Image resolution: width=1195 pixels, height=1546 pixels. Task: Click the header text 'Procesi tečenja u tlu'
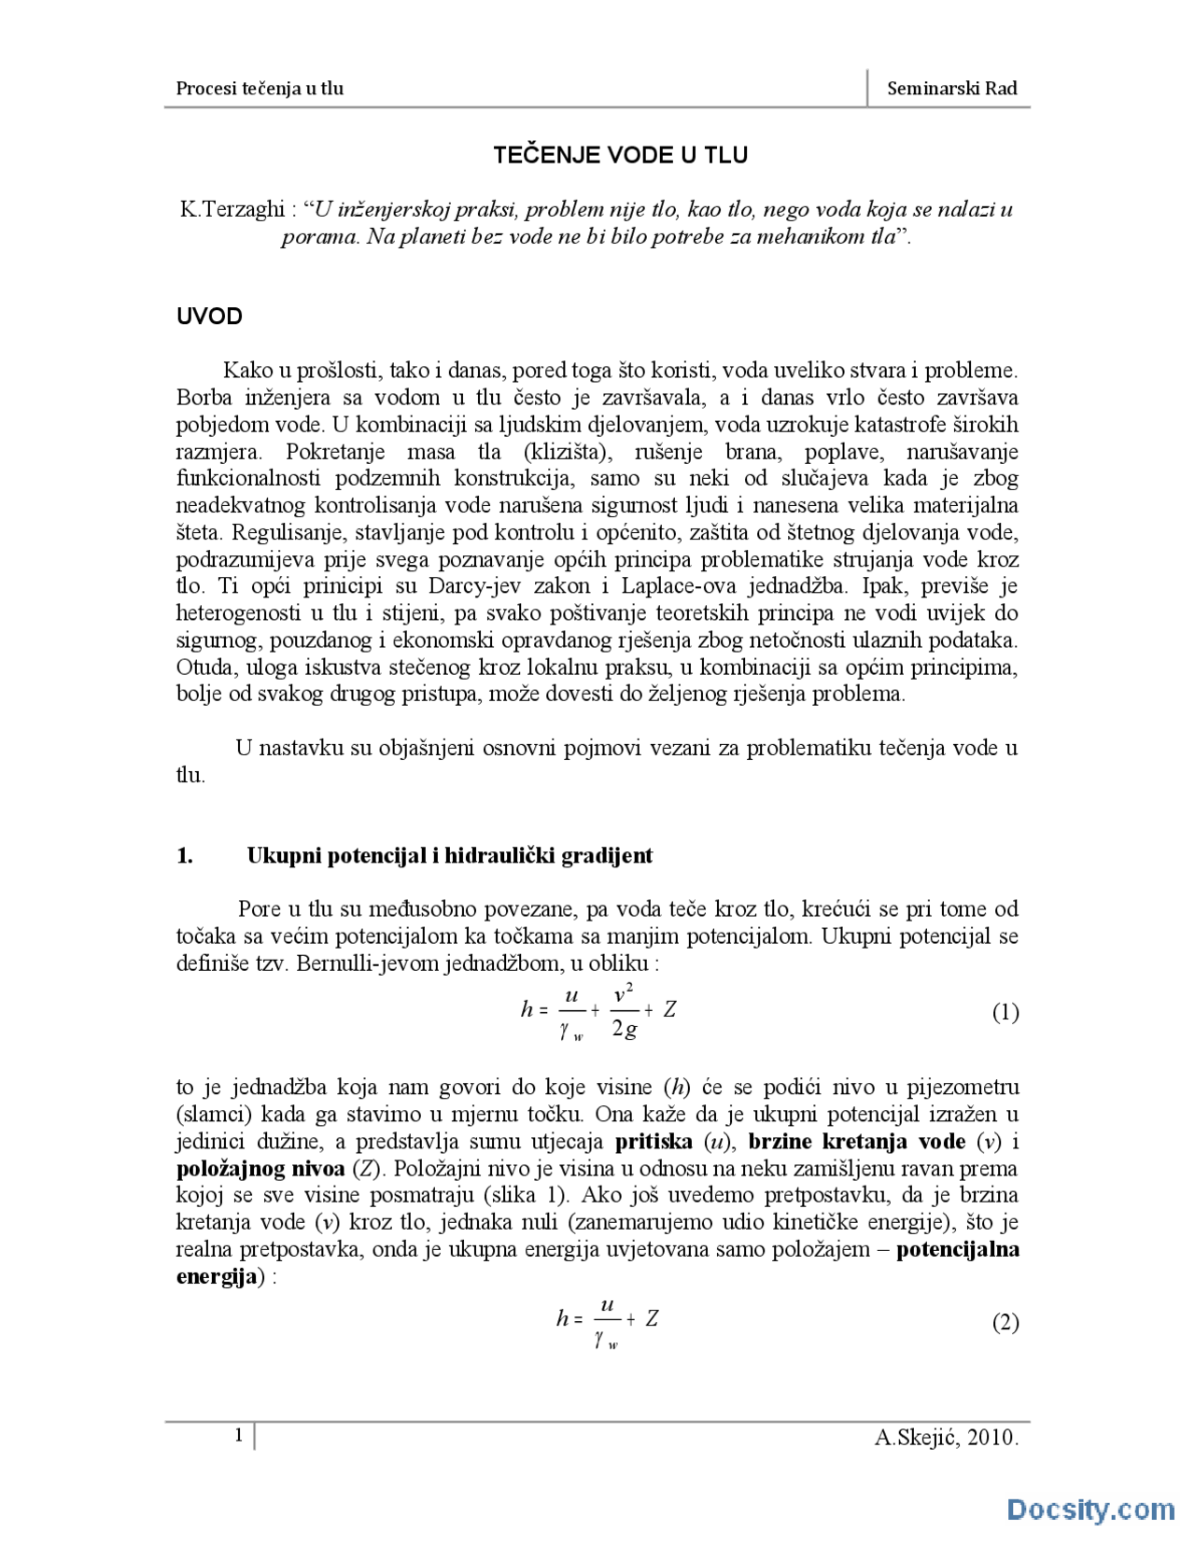260,89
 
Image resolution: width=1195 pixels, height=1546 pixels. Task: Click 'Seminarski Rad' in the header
951,89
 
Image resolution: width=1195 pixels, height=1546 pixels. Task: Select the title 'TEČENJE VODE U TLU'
620,155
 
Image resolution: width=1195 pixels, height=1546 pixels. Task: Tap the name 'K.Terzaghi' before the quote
232,209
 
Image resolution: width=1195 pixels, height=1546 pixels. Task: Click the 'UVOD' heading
209,316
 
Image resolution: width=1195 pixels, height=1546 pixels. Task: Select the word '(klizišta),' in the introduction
568,453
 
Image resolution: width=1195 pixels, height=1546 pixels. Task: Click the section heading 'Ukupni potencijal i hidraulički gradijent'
449,856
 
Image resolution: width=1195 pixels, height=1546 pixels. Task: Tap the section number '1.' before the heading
185,856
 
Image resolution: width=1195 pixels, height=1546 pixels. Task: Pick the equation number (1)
1005,1013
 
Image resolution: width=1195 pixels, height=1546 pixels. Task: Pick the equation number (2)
1005,1323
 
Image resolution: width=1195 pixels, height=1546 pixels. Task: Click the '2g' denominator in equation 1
625,1030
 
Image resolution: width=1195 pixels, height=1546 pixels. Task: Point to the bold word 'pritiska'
654,1142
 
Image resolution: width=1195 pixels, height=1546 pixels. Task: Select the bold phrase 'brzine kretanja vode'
857,1142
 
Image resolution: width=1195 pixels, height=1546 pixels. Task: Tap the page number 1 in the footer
239,1435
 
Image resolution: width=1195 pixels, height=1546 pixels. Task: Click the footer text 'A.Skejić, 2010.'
946,1438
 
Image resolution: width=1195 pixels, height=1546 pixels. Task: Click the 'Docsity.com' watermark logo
1090,1510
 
